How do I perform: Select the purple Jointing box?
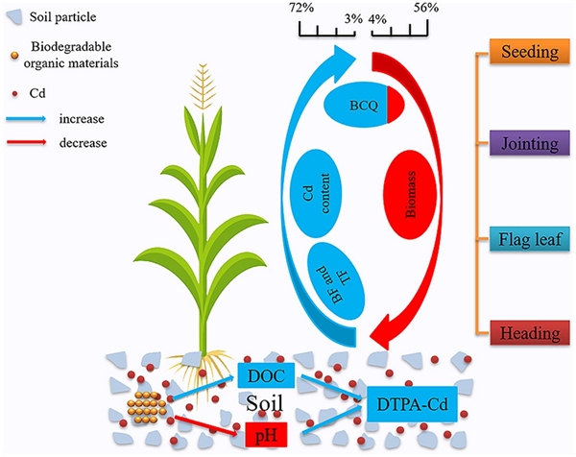click(x=529, y=146)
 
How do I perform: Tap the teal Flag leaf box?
click(x=529, y=239)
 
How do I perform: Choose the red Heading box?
click(x=529, y=332)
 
